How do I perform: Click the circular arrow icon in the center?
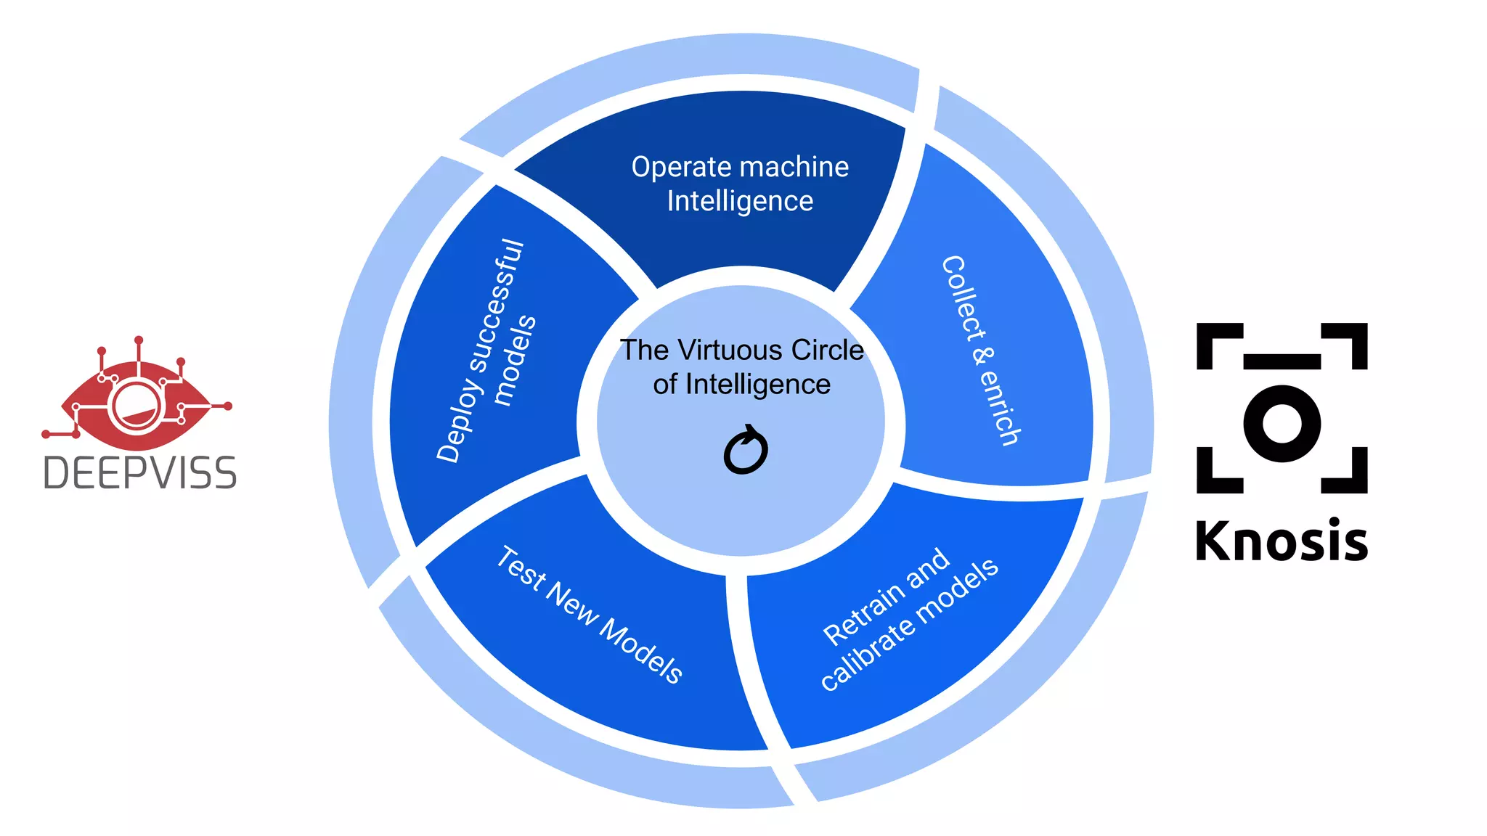(746, 451)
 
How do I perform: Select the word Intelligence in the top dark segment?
(740, 201)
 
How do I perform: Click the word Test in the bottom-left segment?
(521, 567)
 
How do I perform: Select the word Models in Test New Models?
(642, 652)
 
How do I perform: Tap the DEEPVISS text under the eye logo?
(140, 473)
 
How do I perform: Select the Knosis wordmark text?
(1281, 541)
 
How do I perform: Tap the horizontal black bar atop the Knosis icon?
(1282, 361)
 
